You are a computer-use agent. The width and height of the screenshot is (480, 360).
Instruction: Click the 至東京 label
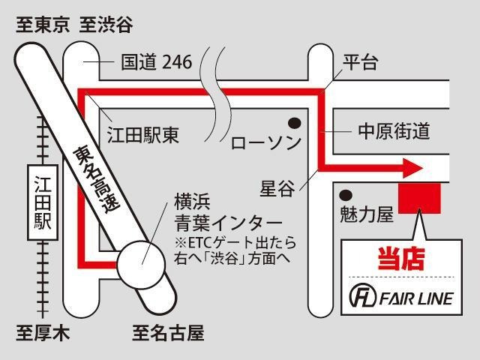tap(43, 25)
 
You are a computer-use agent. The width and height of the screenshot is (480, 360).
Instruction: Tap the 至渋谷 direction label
tap(106, 25)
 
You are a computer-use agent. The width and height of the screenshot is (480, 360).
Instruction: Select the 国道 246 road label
tap(157, 61)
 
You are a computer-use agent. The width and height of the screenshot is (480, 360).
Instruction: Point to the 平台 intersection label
tap(360, 62)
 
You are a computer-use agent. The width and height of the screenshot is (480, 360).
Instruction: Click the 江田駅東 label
tap(143, 135)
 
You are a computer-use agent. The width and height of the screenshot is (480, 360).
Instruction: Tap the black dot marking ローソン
tap(295, 123)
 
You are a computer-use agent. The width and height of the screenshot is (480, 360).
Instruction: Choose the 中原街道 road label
tap(394, 131)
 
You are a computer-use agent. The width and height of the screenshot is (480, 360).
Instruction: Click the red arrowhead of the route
tap(413, 168)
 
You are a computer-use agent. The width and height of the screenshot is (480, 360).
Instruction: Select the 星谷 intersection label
tap(277, 188)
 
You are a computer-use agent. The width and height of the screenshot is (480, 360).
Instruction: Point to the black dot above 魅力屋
tap(346, 195)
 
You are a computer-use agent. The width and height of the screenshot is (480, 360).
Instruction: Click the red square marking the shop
tap(419, 198)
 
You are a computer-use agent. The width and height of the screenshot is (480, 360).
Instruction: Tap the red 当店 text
tap(401, 259)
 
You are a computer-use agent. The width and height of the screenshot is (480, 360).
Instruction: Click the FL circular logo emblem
tap(363, 295)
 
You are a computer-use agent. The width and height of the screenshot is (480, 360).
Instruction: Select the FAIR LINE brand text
tap(416, 298)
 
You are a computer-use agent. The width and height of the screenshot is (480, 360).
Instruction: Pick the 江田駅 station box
tap(43, 202)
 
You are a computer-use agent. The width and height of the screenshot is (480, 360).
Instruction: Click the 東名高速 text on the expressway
tap(97, 180)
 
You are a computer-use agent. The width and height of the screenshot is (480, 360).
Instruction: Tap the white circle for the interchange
tap(142, 265)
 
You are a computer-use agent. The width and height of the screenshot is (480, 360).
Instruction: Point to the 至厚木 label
tap(43, 333)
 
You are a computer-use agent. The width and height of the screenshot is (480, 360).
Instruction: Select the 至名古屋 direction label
tap(168, 333)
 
